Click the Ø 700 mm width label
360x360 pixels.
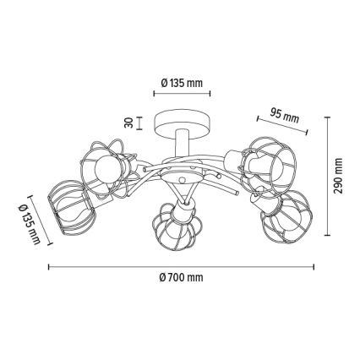click(181, 278)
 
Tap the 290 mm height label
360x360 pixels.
click(338, 176)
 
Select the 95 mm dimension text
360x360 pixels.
click(284, 115)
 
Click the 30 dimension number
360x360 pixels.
click(128, 123)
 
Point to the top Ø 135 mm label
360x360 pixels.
click(182, 83)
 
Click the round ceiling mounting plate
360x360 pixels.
click(183, 125)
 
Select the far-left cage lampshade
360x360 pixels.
click(72, 207)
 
